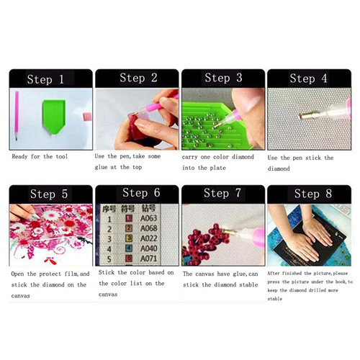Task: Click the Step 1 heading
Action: point(45,79)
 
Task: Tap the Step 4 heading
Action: point(308,78)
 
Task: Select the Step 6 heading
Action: point(141,193)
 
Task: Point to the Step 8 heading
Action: point(313,194)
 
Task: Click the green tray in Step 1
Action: point(54,117)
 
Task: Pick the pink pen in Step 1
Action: point(17,115)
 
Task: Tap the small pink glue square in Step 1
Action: point(87,117)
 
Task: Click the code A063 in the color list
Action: point(149,218)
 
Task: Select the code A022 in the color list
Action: point(149,238)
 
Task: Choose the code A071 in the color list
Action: point(149,258)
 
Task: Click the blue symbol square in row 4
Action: point(129,248)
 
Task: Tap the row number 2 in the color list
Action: point(109,229)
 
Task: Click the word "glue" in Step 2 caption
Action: point(101,167)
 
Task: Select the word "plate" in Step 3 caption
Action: point(218,168)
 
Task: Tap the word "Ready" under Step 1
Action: point(19,157)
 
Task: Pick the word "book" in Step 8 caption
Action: point(341,282)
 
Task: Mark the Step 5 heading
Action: point(49,194)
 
